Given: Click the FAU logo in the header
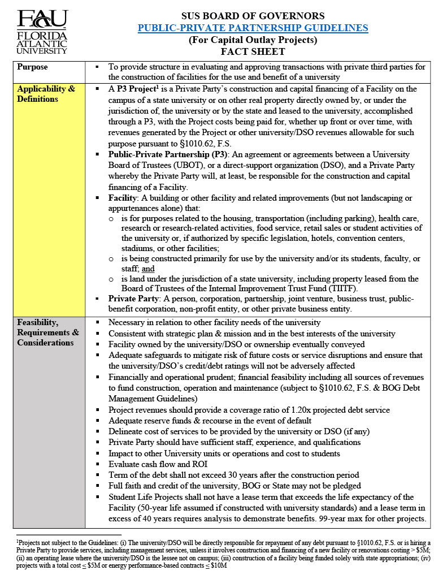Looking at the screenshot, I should [x=42, y=32].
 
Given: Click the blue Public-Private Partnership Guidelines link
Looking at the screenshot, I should [x=253, y=28].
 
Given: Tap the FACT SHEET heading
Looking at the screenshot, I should [x=253, y=52].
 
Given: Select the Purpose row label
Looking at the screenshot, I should [x=33, y=67].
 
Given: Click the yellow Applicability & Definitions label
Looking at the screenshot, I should [x=46, y=94].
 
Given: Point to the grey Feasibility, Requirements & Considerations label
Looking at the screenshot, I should [x=48, y=332].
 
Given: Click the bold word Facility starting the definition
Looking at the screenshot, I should [x=123, y=198].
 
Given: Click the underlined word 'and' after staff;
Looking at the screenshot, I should [x=148, y=269].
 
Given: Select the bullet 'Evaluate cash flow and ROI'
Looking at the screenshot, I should [x=158, y=464].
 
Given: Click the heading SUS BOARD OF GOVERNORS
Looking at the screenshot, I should [x=253, y=16].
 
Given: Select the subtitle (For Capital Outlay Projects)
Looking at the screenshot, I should [x=253, y=40].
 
